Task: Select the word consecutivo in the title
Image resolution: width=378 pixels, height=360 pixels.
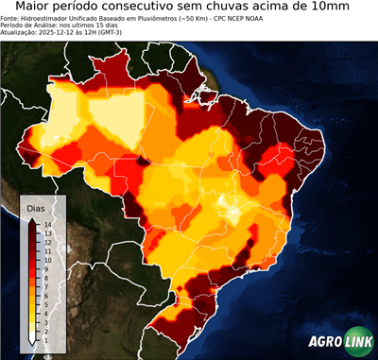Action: click(x=157, y=8)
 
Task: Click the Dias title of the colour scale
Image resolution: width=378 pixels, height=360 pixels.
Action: click(x=36, y=208)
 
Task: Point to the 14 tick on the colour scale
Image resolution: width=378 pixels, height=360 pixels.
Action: click(x=47, y=225)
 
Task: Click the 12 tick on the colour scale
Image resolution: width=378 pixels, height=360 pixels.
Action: click(x=47, y=241)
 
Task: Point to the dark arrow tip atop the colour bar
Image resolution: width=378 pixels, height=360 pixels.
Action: click(x=32, y=219)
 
